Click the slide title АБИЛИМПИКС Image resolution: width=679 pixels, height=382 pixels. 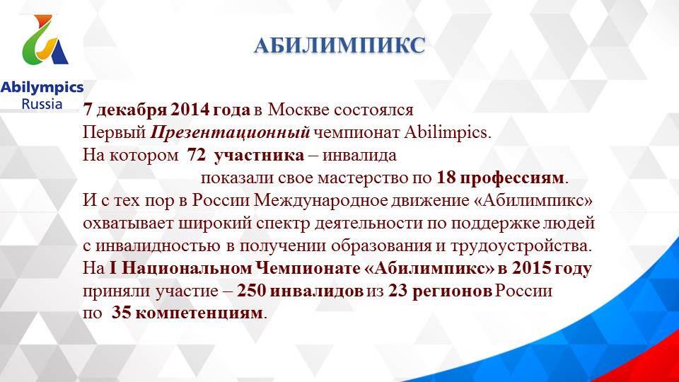pyautogui.click(x=339, y=46)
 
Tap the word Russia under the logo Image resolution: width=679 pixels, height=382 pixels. pyautogui.click(x=42, y=104)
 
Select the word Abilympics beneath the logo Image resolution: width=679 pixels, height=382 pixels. pyautogui.click(x=42, y=88)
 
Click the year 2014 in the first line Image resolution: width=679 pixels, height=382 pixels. pyautogui.click(x=187, y=110)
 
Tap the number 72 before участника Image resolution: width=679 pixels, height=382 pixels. pyautogui.click(x=177, y=154)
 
